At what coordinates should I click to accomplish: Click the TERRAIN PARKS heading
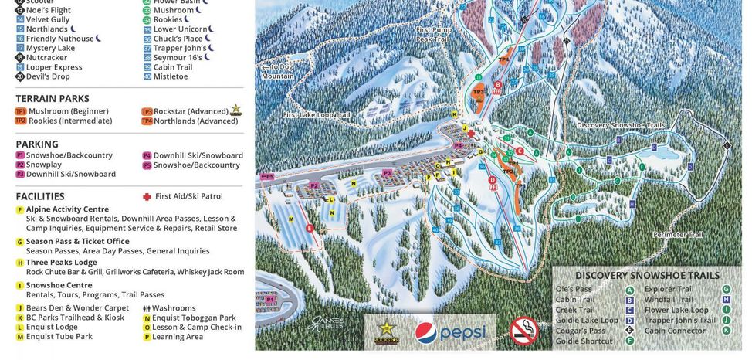click(x=53, y=99)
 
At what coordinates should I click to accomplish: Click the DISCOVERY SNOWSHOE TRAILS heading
click(x=647, y=276)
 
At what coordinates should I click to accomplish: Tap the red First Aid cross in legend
click(x=147, y=197)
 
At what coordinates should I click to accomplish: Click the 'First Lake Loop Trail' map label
click(x=317, y=115)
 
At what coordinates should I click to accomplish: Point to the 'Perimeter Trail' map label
click(x=677, y=235)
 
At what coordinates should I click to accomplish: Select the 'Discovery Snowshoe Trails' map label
click(x=620, y=125)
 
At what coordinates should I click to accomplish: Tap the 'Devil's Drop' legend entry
click(x=48, y=77)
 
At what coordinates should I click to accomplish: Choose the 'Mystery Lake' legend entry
click(x=50, y=48)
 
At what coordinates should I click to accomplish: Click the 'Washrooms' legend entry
click(x=174, y=308)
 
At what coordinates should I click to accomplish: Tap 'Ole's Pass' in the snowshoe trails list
click(x=574, y=290)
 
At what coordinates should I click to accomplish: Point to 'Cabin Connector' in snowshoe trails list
click(x=675, y=331)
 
